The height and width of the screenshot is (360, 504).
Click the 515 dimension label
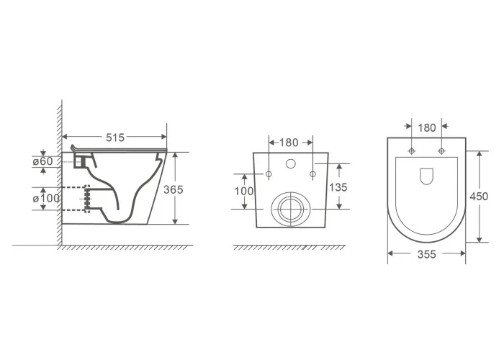coord(115,138)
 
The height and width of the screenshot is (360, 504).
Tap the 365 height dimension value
coord(174,189)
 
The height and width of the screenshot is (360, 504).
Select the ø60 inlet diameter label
coord(42,161)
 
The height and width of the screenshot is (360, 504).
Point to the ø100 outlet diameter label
coord(46,198)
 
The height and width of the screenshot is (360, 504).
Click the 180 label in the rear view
coord(289,143)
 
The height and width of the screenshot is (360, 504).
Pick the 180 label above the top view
coord(427,128)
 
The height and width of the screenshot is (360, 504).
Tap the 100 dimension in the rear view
coord(244,192)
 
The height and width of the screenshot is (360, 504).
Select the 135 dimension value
coord(338,187)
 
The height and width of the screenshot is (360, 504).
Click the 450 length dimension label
coord(479,196)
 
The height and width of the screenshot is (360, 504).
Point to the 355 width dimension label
coord(426,255)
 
